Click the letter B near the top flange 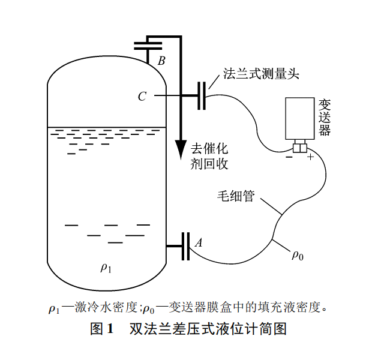pos(161,61)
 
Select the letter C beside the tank pos(142,96)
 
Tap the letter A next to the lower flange pos(198,243)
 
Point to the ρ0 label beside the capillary pos(298,256)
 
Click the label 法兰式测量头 pos(260,74)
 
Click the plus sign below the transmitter pos(310,158)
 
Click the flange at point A pos(184,245)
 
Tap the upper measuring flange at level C pos(202,95)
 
